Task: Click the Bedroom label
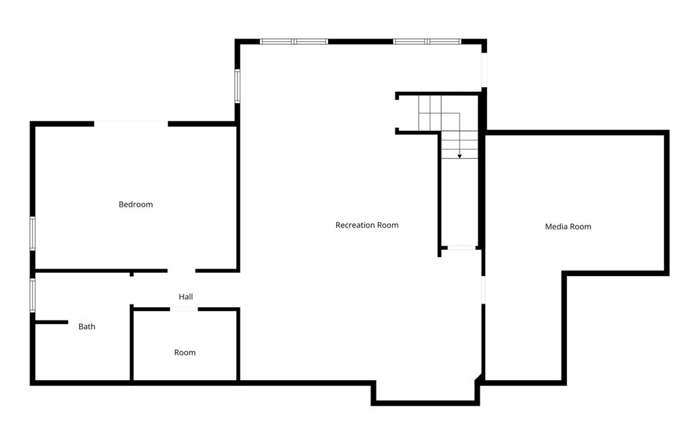pos(136,205)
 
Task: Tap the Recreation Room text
pos(366,225)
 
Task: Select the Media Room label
pos(568,227)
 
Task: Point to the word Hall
pos(186,296)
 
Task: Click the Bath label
pos(86,327)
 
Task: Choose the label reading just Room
pos(184,352)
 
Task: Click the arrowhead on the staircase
pos(460,156)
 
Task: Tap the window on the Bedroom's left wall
pos(32,234)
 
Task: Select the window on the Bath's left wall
pos(32,296)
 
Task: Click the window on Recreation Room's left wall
pos(238,86)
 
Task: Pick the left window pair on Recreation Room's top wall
pos(294,42)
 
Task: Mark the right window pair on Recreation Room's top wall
pos(427,42)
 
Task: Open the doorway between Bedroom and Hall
pos(182,271)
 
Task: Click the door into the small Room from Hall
pos(184,309)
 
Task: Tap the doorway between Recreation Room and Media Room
pos(482,290)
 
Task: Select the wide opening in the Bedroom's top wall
pos(130,123)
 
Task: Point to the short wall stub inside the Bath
pos(51,322)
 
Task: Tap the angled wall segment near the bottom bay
pos(479,379)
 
